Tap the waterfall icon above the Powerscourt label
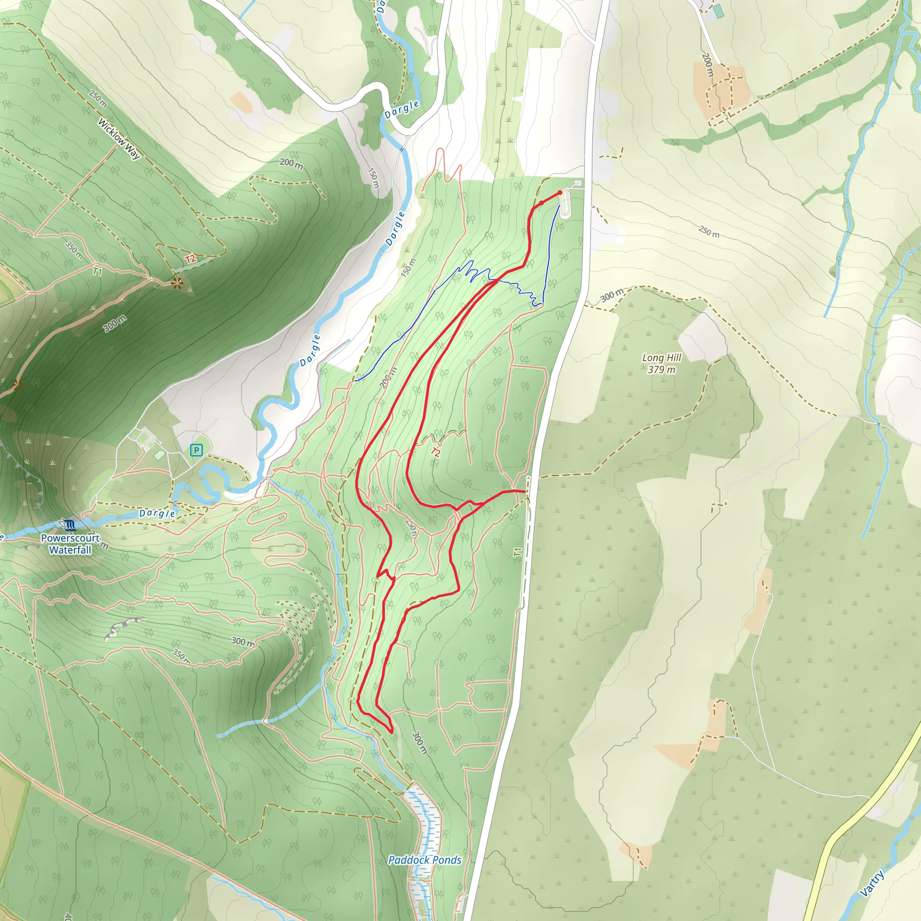70,525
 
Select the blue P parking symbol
196,450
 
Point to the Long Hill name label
662,358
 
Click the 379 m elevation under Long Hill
662,370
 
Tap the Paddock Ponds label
425,860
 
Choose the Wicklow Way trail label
119,138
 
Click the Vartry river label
873,883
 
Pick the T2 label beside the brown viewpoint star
190,259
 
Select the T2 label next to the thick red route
435,452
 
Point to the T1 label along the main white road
518,552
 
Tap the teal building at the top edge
718,11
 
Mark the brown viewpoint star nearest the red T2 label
177,283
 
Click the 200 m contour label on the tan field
707,65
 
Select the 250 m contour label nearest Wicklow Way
98,98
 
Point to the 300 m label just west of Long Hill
612,295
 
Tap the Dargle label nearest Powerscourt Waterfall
157,514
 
